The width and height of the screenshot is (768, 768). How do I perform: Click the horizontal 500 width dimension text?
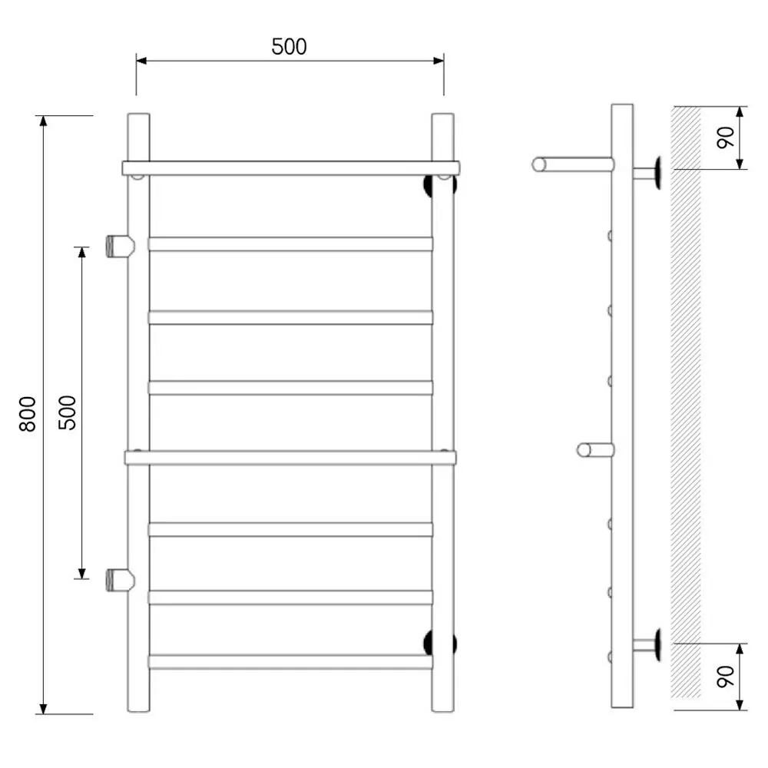point(289,47)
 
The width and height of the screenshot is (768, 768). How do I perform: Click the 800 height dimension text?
point(28,414)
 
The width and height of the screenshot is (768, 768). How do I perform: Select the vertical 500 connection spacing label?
point(67,412)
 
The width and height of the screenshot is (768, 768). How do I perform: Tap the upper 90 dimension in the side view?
point(726,137)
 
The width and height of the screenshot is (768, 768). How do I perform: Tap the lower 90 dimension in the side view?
point(726,677)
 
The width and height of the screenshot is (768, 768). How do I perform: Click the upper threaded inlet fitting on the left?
point(120,246)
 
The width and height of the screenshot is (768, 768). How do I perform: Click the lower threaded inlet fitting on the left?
point(120,580)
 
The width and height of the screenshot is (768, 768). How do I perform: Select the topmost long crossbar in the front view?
point(291,168)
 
